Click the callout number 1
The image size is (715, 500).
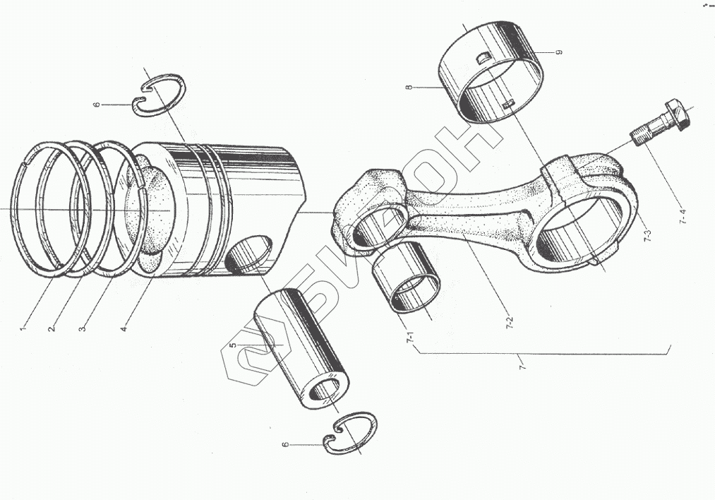[x=23, y=328]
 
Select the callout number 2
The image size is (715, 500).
[x=52, y=328]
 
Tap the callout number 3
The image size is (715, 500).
[x=83, y=328]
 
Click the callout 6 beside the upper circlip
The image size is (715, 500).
[x=97, y=105]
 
